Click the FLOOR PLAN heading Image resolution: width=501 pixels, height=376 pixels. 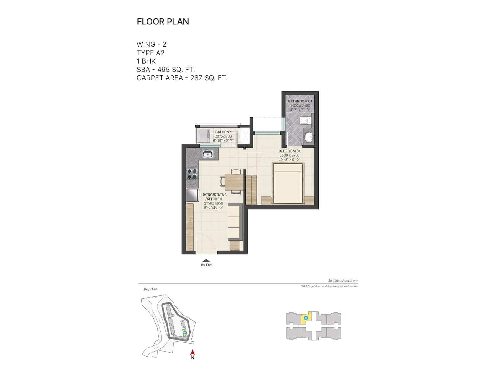click(163, 22)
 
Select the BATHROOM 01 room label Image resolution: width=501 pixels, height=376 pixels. click(300, 101)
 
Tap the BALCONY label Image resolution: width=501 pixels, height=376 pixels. click(223, 132)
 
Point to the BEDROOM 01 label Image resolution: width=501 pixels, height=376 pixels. click(289, 151)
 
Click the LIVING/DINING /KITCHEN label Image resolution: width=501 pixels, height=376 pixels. click(214, 197)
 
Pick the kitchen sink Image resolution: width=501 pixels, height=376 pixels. click(208, 154)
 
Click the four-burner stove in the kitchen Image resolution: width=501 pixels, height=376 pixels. click(192, 174)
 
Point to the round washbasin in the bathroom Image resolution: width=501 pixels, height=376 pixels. click(309, 136)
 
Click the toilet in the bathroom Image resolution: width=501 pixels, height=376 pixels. click(305, 121)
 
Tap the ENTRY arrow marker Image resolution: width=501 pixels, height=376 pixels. click(206, 261)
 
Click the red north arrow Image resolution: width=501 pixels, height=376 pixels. click(193, 352)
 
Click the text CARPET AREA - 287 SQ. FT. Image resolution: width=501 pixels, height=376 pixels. click(182, 78)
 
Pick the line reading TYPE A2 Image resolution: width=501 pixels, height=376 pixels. click(151, 53)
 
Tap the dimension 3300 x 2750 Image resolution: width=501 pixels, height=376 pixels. click(289, 155)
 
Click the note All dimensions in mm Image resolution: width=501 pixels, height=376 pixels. click(343, 281)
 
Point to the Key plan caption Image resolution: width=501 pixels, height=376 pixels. click(150, 289)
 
